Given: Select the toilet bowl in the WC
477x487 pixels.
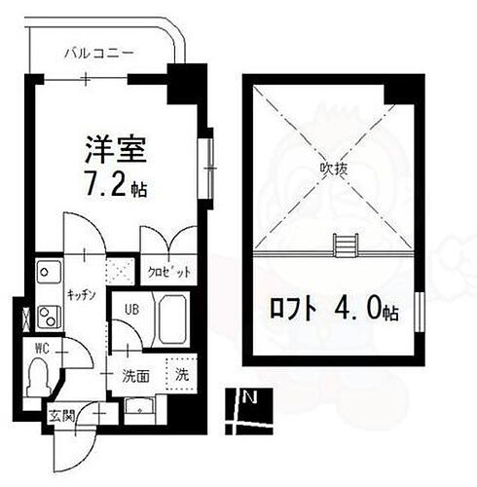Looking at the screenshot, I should (x=40, y=376).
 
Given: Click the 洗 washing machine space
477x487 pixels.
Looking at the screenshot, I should (x=180, y=372).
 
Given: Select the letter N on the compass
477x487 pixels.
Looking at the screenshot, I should (x=250, y=396).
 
